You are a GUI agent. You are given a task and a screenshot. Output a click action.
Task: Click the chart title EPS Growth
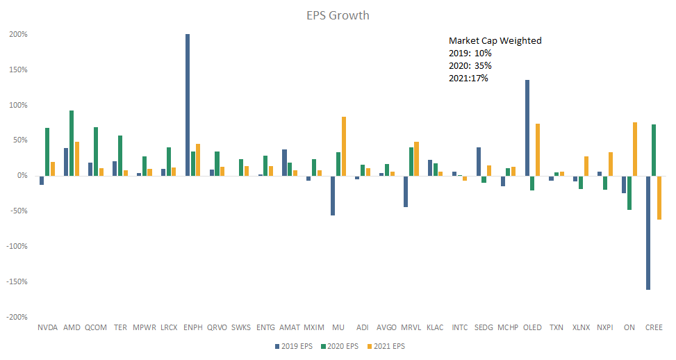coord(338,15)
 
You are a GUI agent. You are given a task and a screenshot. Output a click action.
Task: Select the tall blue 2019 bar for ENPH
coord(188,104)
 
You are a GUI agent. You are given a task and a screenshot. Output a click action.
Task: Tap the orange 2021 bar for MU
coord(344,146)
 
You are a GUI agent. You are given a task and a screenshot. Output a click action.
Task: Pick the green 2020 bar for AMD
coord(72,142)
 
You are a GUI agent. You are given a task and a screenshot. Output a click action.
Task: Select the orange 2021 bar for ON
coord(635,149)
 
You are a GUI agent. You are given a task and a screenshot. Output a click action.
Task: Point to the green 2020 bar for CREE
coord(654,149)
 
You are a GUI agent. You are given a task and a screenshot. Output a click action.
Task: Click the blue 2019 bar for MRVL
coord(406,191)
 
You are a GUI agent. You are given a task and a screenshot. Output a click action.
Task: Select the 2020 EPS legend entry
coord(340,346)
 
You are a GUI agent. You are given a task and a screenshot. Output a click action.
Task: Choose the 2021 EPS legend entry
coord(387,346)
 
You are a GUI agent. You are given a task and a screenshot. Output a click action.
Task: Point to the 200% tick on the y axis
coord(18,35)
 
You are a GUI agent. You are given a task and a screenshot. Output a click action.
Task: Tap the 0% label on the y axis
coord(22,176)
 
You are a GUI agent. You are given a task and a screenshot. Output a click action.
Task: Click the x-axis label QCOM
coord(96,327)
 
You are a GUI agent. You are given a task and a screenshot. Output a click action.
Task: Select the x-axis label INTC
coord(460,327)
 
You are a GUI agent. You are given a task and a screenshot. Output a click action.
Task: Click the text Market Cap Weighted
coord(495,41)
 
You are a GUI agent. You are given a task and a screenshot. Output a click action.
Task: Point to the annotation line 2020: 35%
coord(470,66)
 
